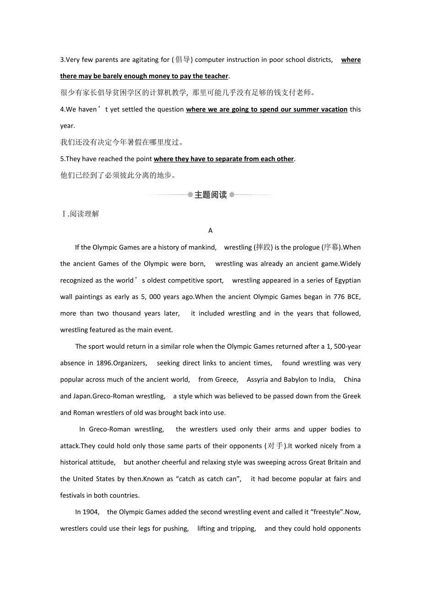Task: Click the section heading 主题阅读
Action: pos(210,195)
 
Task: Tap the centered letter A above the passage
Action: pos(210,231)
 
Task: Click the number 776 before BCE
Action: pos(339,297)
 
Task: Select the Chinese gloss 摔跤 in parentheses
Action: pos(263,248)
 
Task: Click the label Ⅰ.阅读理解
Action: pos(80,214)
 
